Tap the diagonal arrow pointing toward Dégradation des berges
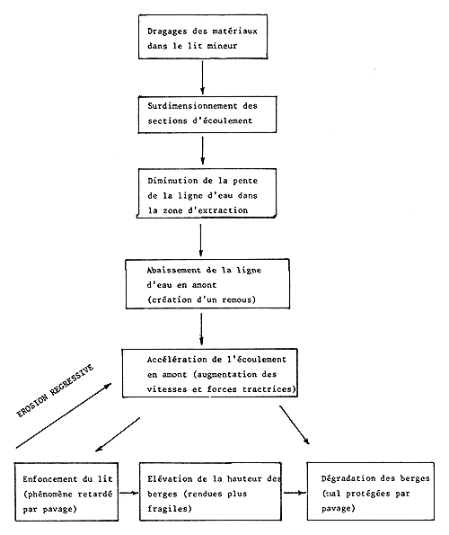[x=301, y=425]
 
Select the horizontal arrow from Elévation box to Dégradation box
[x=292, y=493]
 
